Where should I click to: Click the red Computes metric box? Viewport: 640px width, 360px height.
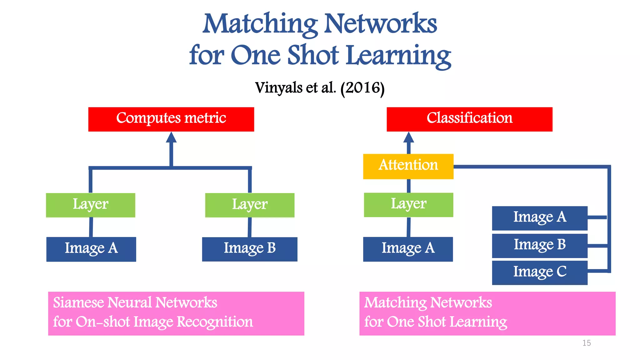click(171, 119)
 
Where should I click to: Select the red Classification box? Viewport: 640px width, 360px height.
click(469, 119)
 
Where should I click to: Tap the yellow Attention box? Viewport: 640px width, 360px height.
click(408, 166)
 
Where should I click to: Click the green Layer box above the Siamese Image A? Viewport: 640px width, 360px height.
click(90, 205)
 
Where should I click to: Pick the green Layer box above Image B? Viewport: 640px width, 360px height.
click(250, 205)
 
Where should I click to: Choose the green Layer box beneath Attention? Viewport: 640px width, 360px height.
click(408, 205)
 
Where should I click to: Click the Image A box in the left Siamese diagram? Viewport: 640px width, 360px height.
click(91, 249)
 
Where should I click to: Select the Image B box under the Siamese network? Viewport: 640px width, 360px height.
click(250, 249)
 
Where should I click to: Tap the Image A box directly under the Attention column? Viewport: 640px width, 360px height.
click(408, 249)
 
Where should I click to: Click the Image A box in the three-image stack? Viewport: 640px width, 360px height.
click(540, 218)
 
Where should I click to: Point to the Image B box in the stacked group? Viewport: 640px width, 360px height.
click(540, 245)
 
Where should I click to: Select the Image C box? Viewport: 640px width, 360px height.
click(540, 272)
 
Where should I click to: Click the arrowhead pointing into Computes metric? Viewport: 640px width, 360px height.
click(171, 137)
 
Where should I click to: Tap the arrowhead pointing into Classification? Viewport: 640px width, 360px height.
click(408, 137)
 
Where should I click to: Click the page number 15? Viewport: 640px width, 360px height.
click(587, 343)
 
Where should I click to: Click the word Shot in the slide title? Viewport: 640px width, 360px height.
click(313, 55)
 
